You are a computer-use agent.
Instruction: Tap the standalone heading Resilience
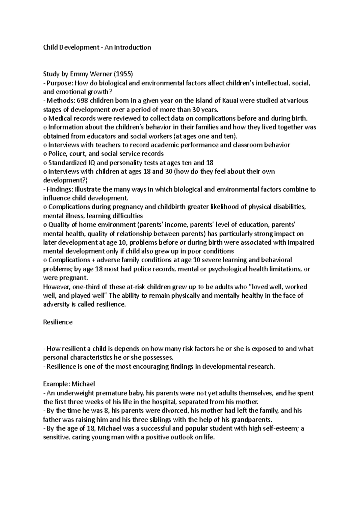[58, 322]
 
